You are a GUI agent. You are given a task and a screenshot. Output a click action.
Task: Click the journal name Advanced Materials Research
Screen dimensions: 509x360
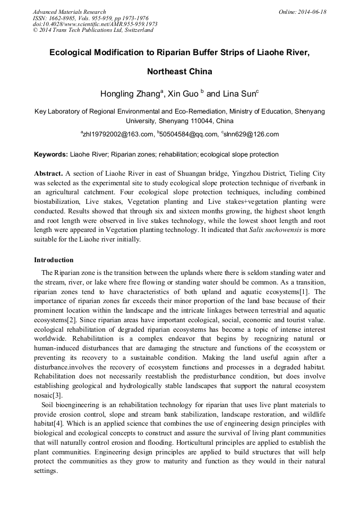[69, 12]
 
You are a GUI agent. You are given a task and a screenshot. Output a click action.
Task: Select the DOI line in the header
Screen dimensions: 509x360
[95, 24]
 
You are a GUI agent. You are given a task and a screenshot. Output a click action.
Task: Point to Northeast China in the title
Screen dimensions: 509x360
[179, 72]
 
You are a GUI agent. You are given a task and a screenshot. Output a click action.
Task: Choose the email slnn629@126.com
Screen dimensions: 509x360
[251, 135]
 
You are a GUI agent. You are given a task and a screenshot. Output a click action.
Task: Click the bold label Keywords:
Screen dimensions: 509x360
[50, 154]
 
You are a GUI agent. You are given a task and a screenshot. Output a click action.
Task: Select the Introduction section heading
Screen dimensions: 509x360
[54, 260]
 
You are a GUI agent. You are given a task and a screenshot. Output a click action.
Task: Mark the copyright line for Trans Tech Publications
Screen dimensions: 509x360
[93, 30]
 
